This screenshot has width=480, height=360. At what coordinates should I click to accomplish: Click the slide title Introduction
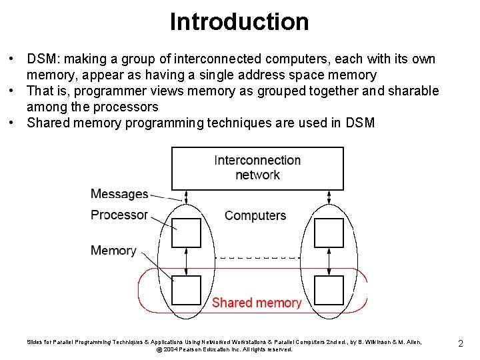click(239, 21)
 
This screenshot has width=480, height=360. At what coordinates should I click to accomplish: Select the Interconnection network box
click(257, 167)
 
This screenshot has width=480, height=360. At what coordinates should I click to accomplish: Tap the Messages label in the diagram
click(119, 194)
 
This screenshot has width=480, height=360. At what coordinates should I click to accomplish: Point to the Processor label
click(119, 215)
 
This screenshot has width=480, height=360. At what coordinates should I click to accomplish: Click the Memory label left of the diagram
click(113, 251)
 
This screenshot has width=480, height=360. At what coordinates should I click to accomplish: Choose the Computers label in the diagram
click(255, 215)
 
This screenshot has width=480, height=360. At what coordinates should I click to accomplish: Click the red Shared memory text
click(257, 303)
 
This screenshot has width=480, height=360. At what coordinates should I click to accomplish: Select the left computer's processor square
click(186, 233)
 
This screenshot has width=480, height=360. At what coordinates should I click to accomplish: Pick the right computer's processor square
click(328, 233)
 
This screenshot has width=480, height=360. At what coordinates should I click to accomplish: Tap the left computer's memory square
click(186, 289)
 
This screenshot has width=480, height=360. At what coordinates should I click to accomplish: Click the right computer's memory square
click(328, 289)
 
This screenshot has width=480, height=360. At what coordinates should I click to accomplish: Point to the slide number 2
click(461, 343)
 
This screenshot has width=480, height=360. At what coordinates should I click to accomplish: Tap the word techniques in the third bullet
click(241, 123)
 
